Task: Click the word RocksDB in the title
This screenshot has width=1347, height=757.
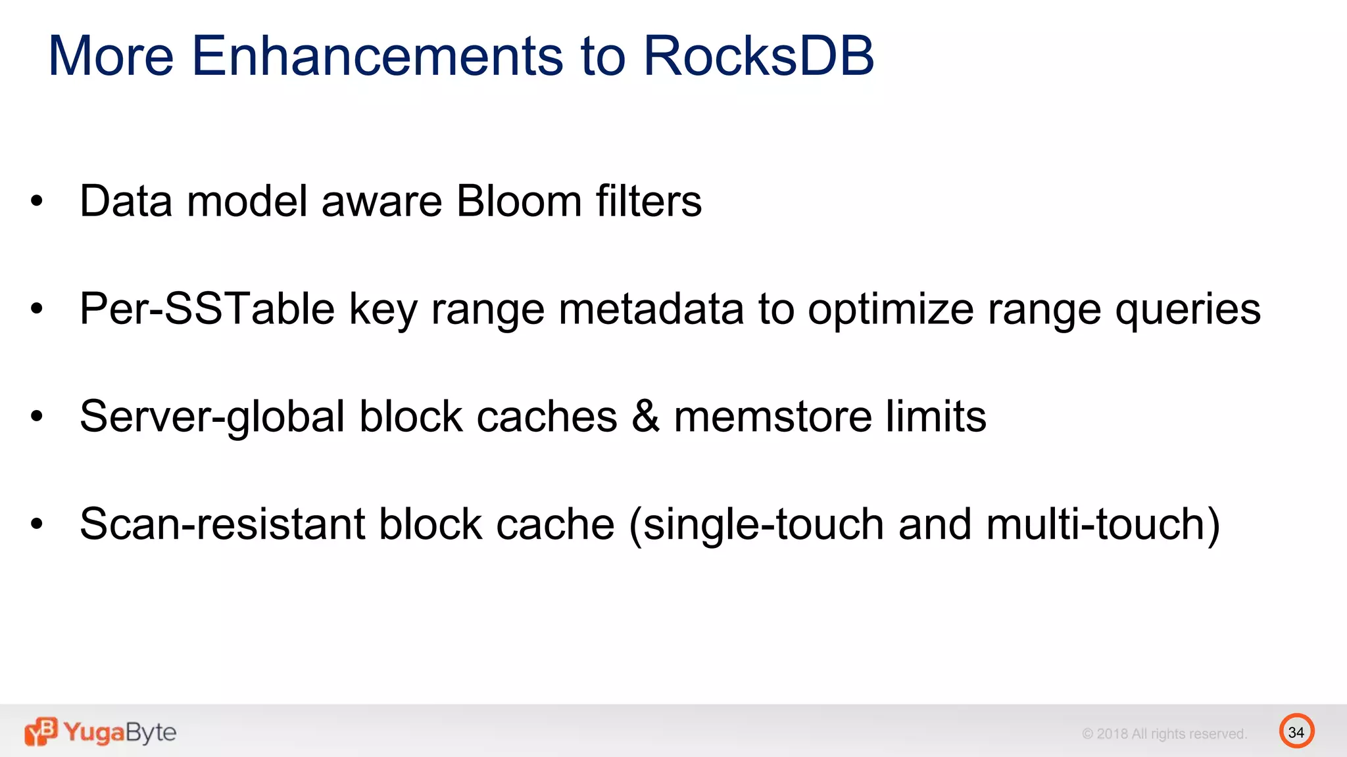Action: [758, 56]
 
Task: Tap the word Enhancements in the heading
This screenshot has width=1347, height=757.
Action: [377, 56]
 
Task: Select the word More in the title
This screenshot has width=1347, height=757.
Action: [110, 56]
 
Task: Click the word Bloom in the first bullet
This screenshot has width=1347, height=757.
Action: [518, 201]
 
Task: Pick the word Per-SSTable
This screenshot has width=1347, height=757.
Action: [207, 309]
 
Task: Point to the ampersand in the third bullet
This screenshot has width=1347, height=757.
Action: [645, 417]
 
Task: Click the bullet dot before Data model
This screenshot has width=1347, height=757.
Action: [37, 202]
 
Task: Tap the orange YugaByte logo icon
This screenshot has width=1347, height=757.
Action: [41, 731]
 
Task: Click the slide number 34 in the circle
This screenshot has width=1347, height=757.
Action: [1296, 732]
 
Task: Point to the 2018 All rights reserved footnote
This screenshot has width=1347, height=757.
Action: [1164, 734]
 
